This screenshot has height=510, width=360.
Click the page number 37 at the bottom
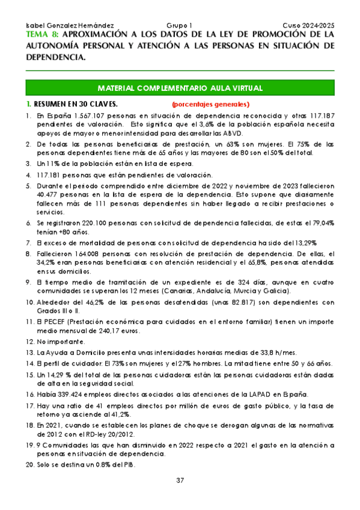[180, 480]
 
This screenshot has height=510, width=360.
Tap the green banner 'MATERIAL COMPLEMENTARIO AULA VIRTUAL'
[180, 88]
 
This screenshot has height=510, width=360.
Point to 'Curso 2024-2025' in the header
[309, 26]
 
